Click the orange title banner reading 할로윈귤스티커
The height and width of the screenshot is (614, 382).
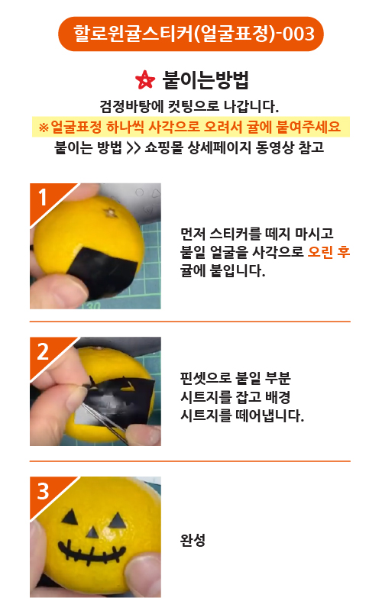coord(191,34)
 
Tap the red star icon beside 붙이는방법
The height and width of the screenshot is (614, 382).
coord(145,80)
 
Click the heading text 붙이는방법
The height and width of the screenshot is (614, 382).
coord(206,80)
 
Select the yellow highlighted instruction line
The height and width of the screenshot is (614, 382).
coord(191,127)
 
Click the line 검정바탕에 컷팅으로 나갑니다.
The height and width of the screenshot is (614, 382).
coord(189,105)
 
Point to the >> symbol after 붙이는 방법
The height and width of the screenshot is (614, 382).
coord(133,148)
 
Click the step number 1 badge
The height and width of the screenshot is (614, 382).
coord(43,197)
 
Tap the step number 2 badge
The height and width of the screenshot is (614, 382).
coord(43,351)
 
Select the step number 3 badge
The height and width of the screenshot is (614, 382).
coord(43,490)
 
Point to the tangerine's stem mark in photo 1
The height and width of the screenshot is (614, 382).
coord(111,213)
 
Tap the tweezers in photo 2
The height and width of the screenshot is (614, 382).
coord(102,414)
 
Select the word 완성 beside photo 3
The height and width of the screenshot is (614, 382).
coord(193,540)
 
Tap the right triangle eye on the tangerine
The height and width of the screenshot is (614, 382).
coord(117,521)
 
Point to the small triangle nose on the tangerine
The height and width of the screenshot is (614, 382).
coord(92,532)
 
